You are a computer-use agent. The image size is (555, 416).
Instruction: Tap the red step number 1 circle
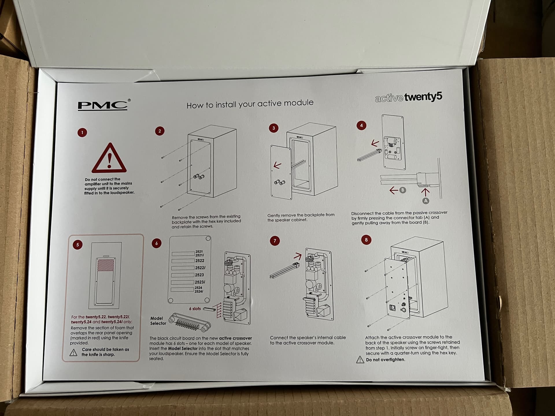pyautogui.click(x=82, y=133)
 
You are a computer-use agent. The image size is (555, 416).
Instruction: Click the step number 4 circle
pyautogui.click(x=361, y=125)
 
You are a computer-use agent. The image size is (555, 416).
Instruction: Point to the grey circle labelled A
pyautogui.click(x=425, y=201)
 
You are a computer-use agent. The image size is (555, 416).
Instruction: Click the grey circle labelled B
pyautogui.click(x=402, y=190)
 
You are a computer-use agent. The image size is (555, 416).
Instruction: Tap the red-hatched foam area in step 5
pyautogui.click(x=106, y=265)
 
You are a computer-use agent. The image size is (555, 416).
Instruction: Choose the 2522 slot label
pyautogui.click(x=199, y=261)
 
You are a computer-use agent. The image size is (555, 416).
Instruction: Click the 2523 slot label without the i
pyautogui.click(x=199, y=275)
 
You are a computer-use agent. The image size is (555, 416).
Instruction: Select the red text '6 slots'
pyautogui.click(x=195, y=309)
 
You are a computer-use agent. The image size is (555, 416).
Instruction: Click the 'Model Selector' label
pyautogui.click(x=158, y=321)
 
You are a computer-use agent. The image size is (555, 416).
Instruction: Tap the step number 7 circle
pyautogui.click(x=275, y=241)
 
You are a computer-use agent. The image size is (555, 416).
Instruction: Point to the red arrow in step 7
pyautogui.click(x=298, y=256)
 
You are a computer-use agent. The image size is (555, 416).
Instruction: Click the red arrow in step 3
pyautogui.click(x=277, y=165)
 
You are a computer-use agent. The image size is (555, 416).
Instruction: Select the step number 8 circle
pyautogui.click(x=366, y=240)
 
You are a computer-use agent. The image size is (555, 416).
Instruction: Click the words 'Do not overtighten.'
pyautogui.click(x=385, y=360)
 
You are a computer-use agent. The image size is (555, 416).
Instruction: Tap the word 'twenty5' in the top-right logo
pyautogui.click(x=423, y=97)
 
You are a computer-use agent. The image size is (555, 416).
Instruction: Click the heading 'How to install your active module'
pyautogui.click(x=250, y=104)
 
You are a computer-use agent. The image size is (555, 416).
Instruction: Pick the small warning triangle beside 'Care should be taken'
pyautogui.click(x=73, y=352)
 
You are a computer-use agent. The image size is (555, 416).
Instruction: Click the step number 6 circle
pyautogui.click(x=156, y=243)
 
